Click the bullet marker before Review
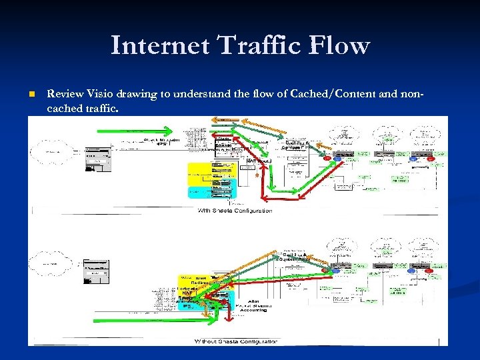pos(31,95)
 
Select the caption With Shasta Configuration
pos(234,211)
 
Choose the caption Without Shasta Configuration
pos(235,341)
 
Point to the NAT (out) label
pos(259,160)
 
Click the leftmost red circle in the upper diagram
pos(327,159)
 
